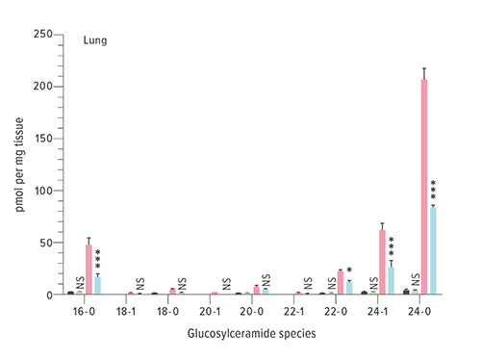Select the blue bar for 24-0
pos(434,250)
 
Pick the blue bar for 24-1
pos(392,280)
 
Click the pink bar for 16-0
pos(89,270)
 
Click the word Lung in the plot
pos(94,42)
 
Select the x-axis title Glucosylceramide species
pos(253,333)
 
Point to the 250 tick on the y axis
pos(41,35)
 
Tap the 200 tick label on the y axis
pos(41,87)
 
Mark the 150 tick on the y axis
pos(41,139)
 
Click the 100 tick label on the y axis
pos(41,191)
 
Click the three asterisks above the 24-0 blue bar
pos(434,190)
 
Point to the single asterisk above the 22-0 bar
pos(349,270)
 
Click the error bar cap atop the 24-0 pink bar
pos(424,69)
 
